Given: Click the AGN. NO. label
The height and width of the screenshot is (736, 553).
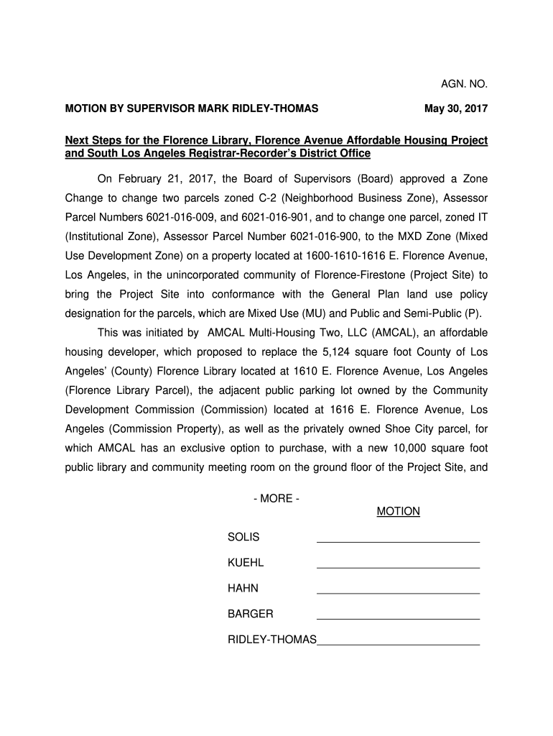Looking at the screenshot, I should coord(464,84).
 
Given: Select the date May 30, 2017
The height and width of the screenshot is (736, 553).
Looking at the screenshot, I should coord(456,109).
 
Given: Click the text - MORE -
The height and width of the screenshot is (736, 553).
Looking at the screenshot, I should coord(276,499).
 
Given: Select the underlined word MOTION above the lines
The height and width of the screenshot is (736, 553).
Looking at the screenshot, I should coord(398,512).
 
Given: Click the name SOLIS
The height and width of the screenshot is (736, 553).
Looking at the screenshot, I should coord(243,538).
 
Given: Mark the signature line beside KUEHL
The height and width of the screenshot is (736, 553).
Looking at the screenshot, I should coord(398,568).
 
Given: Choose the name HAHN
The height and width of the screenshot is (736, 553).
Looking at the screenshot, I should coord(243,588).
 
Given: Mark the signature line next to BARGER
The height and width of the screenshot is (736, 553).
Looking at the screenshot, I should coord(398,618).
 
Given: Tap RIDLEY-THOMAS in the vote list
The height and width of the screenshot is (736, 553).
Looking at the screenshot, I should coord(271,639).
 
